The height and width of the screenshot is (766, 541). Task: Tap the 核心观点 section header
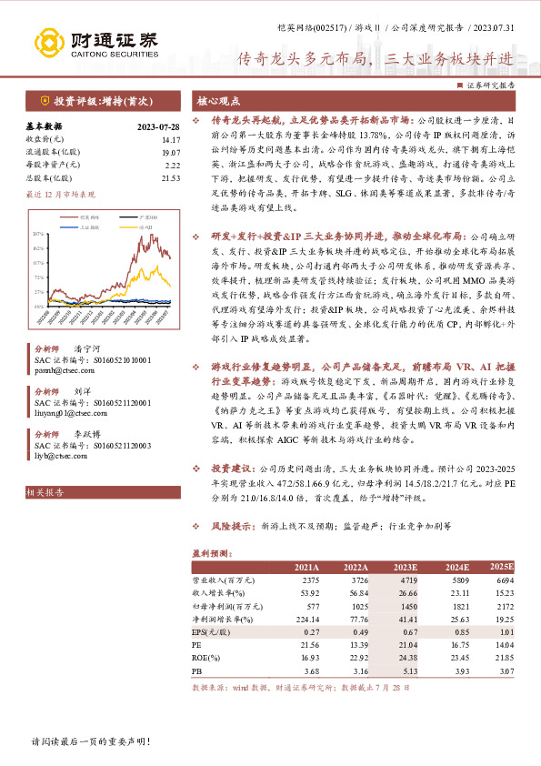(x=219, y=103)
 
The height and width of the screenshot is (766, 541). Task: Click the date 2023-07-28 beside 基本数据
(x=158, y=126)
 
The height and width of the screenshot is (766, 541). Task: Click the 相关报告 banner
(x=46, y=492)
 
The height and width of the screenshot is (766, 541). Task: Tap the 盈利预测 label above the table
(x=206, y=552)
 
